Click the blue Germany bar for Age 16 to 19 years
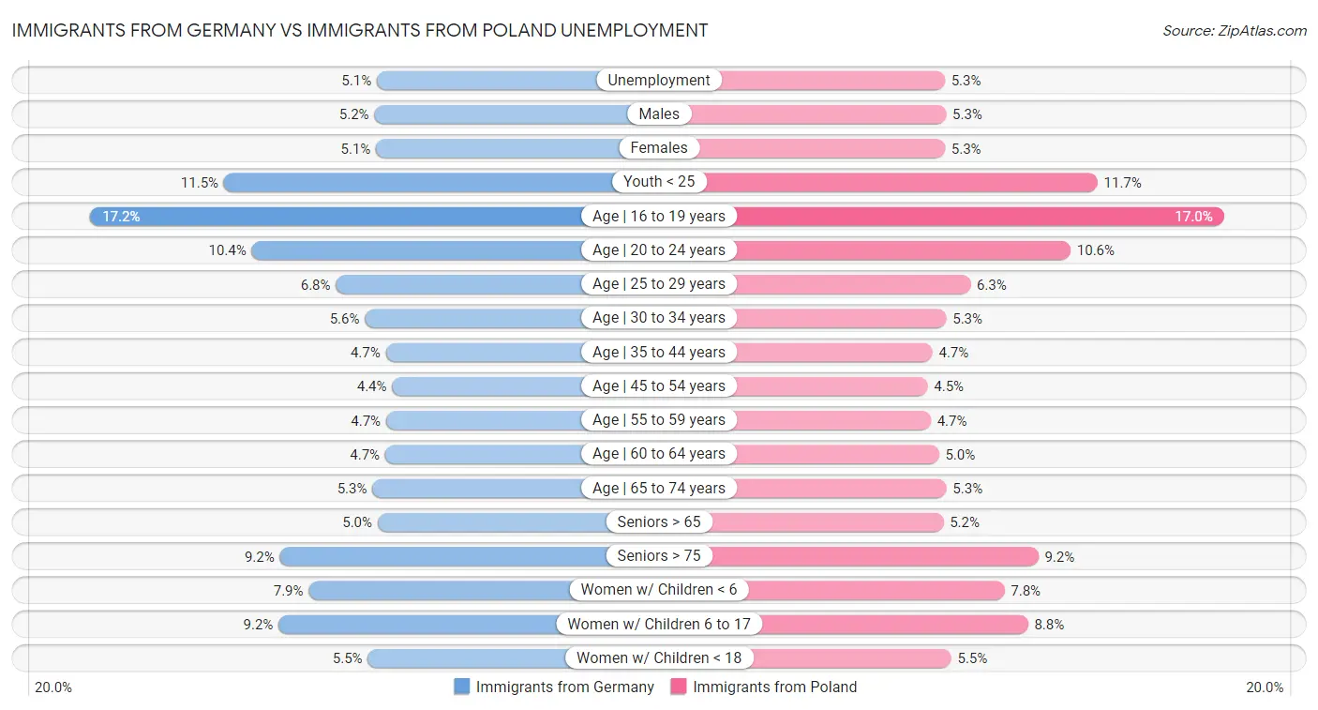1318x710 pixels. (x=337, y=217)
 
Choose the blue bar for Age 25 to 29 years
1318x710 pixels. (x=459, y=284)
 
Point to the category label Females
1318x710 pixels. (x=659, y=148)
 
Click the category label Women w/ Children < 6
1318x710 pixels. (x=659, y=590)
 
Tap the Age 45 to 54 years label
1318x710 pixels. (x=659, y=386)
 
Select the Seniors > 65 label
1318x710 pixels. (x=659, y=522)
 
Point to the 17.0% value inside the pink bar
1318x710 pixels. (x=1193, y=217)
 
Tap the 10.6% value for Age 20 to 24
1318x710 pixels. (x=1095, y=250)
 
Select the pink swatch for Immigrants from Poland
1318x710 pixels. (x=679, y=687)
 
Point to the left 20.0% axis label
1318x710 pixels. (x=53, y=687)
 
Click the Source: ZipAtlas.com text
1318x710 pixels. (x=1234, y=31)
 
